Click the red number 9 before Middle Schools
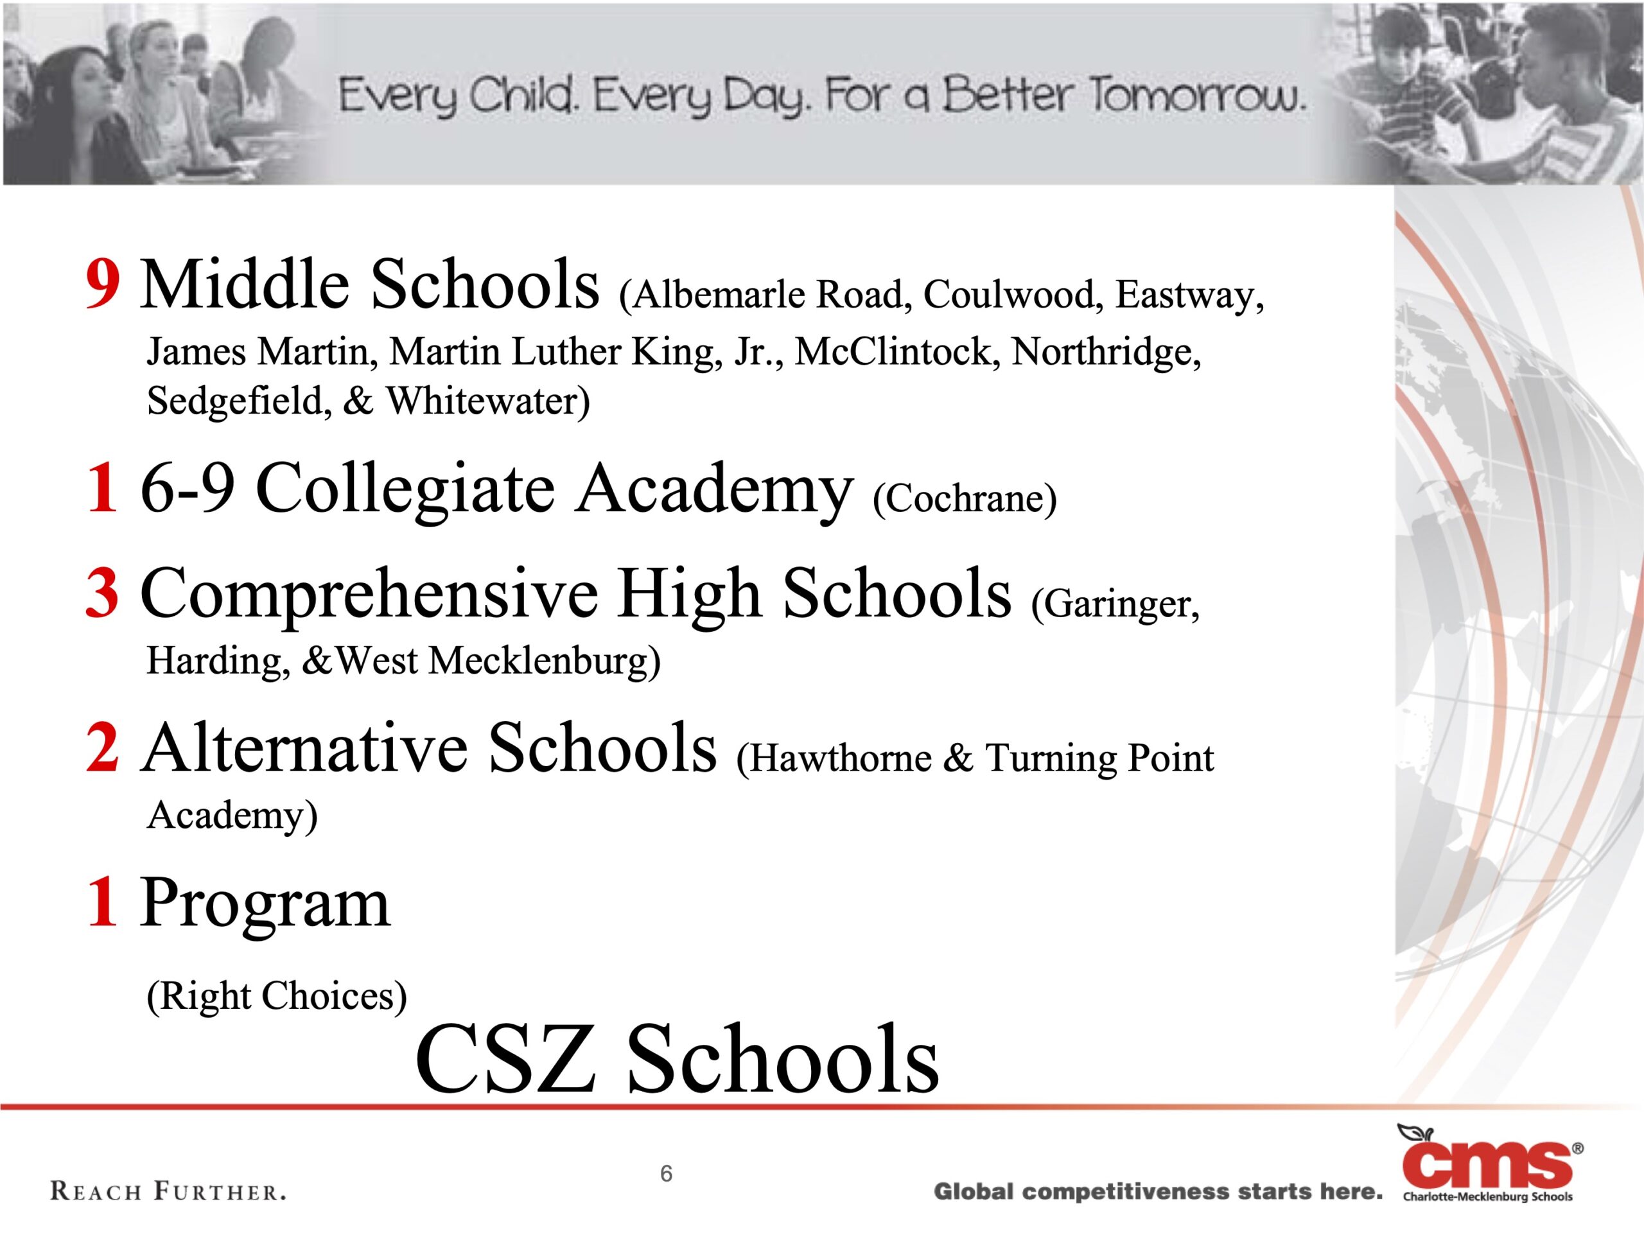point(103,284)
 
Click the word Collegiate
point(405,491)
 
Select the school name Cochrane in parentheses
point(965,498)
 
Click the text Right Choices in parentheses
point(277,997)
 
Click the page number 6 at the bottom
point(667,1173)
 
